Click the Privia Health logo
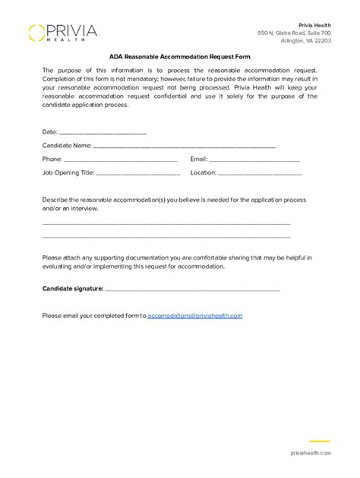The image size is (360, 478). (x=64, y=33)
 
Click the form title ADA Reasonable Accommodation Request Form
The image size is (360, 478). (x=179, y=57)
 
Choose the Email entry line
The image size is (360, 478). (x=254, y=159)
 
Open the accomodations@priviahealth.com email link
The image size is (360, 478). (x=195, y=315)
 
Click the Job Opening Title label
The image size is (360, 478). (x=68, y=173)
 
